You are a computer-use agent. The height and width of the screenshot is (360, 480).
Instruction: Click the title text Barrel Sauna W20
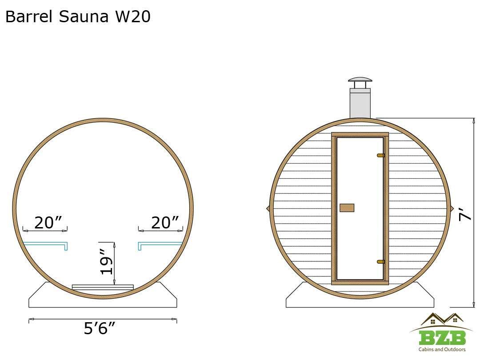pyautogui.click(x=78, y=16)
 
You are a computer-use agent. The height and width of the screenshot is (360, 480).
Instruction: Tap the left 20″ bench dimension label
pyautogui.click(x=48, y=223)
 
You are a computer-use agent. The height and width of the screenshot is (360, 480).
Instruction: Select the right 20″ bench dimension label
pyautogui.click(x=165, y=223)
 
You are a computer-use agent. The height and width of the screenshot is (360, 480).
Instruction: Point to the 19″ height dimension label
pyautogui.click(x=107, y=262)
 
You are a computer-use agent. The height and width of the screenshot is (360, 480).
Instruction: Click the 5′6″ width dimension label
pyautogui.click(x=100, y=328)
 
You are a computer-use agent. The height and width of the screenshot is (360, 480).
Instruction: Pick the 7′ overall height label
pyautogui.click(x=466, y=214)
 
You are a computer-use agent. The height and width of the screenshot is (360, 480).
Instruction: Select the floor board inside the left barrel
pyautogui.click(x=103, y=287)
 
